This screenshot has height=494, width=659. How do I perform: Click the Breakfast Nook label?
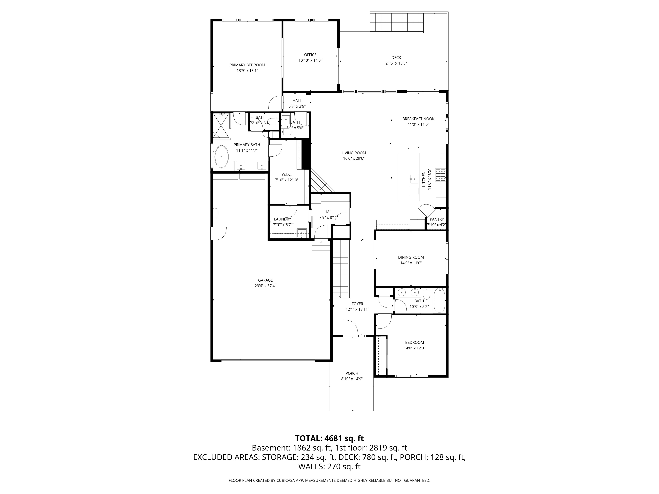418,119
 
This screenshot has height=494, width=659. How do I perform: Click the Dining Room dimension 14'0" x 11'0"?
411,263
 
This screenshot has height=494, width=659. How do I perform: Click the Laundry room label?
282,219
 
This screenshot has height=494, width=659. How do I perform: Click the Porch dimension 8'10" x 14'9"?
352,379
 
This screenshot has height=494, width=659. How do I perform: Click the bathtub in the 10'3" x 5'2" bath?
439,300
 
